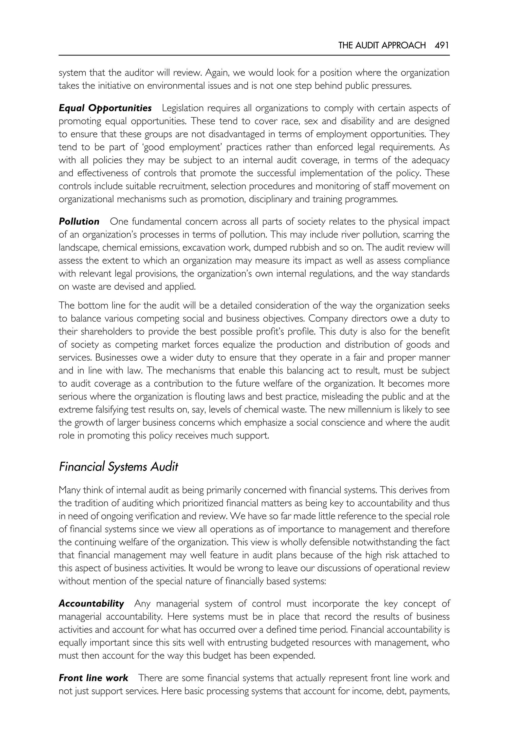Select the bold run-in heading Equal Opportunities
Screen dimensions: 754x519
tap(105, 108)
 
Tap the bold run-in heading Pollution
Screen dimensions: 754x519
tap(79, 221)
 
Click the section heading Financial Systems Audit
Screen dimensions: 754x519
tap(118, 467)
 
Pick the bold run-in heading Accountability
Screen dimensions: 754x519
tap(91, 604)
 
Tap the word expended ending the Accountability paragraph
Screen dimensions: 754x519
tap(293, 655)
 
